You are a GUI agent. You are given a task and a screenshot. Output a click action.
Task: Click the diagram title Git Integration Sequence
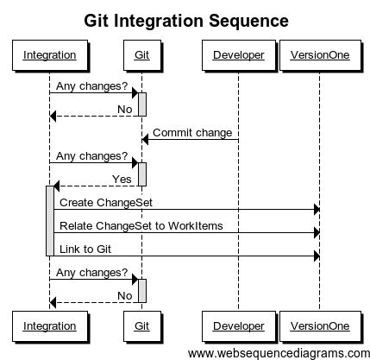point(185,20)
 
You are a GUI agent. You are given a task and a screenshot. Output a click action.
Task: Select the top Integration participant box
point(49,57)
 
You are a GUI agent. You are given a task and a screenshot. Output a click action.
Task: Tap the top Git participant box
point(141,57)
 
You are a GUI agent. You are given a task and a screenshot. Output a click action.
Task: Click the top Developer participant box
point(237,57)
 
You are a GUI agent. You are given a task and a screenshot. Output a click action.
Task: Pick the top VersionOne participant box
point(320,57)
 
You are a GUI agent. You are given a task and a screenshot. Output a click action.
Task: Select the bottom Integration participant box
point(49,326)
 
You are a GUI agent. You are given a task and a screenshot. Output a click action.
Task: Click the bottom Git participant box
point(141,326)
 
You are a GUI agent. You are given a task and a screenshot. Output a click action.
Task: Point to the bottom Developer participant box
point(237,326)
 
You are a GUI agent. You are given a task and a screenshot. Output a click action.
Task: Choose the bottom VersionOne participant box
point(320,326)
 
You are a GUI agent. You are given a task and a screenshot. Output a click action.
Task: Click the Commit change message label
point(192,133)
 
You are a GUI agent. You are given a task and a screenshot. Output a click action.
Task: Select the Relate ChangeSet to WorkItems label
point(141,225)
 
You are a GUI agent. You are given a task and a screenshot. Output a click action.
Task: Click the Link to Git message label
point(85,249)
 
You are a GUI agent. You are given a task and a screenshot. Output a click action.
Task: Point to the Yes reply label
point(122,179)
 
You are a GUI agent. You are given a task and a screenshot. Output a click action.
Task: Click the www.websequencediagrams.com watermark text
point(278,352)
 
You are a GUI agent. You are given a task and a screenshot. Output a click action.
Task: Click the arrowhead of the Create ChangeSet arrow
point(316,209)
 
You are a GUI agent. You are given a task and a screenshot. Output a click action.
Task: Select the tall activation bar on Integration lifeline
point(49,220)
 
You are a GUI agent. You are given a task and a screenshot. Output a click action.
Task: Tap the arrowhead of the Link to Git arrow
point(316,256)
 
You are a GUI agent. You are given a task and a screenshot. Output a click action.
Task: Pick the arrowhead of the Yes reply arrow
point(57,186)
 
